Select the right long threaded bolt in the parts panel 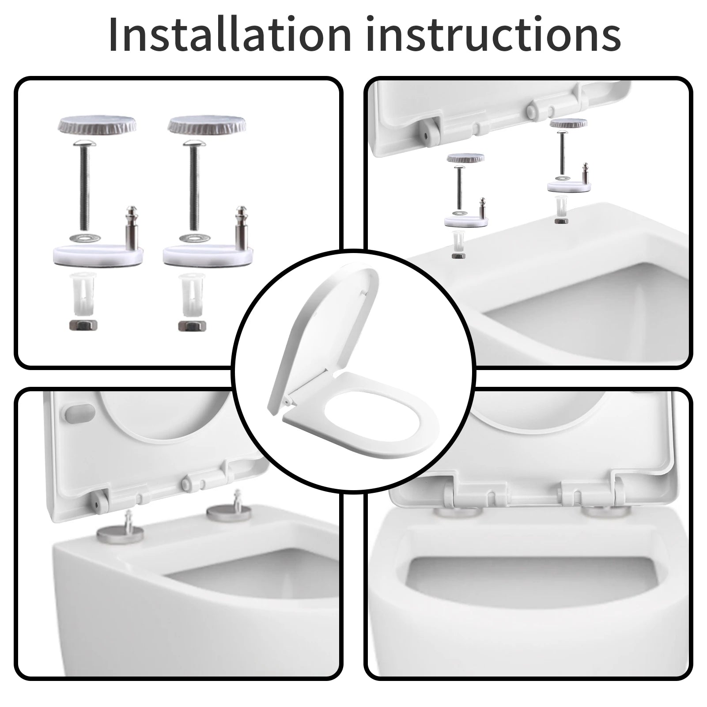(193, 188)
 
